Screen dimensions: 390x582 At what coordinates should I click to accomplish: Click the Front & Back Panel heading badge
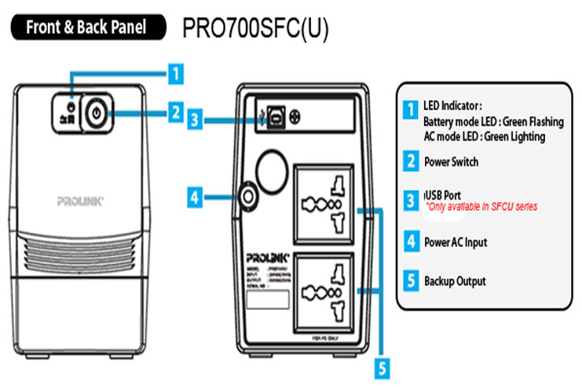pos(88,27)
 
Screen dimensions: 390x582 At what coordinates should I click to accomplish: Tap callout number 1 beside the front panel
pos(177,75)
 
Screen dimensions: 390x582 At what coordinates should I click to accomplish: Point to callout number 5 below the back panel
pos(382,366)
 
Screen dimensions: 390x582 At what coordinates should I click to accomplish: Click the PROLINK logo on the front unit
pos(80,201)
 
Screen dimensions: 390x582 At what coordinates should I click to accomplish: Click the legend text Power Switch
pos(451,162)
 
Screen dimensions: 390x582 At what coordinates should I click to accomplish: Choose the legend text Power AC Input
pos(455,242)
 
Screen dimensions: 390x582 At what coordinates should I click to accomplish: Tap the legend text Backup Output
pos(455,281)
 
